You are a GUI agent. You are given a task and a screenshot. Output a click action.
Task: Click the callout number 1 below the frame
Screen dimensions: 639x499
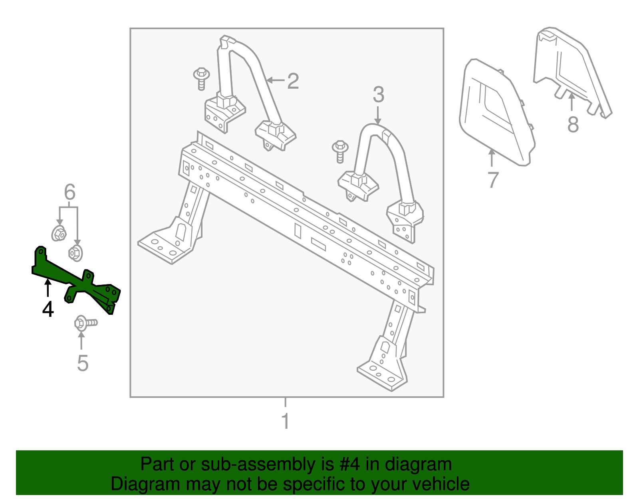[285, 421]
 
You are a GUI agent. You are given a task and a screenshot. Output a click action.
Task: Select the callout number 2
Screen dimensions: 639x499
[293, 81]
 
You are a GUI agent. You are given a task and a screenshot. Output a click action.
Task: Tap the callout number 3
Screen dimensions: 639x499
[378, 95]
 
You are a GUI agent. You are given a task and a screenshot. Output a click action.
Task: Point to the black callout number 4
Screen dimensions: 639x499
[48, 309]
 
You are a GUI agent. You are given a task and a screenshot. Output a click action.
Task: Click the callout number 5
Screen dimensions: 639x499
[82, 363]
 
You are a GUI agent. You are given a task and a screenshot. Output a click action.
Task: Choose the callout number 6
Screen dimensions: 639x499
[69, 193]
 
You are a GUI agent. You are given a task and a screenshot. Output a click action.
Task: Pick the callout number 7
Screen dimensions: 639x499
[493, 180]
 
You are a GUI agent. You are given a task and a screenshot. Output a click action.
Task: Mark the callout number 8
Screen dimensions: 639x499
[573, 125]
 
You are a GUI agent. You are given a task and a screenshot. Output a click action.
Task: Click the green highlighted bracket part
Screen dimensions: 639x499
[76, 282]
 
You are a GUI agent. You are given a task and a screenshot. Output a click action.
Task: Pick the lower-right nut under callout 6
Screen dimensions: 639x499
[75, 253]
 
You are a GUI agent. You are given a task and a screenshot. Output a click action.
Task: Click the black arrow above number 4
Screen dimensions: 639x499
[48, 288]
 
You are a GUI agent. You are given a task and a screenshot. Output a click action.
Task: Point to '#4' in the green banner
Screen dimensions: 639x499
[350, 465]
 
